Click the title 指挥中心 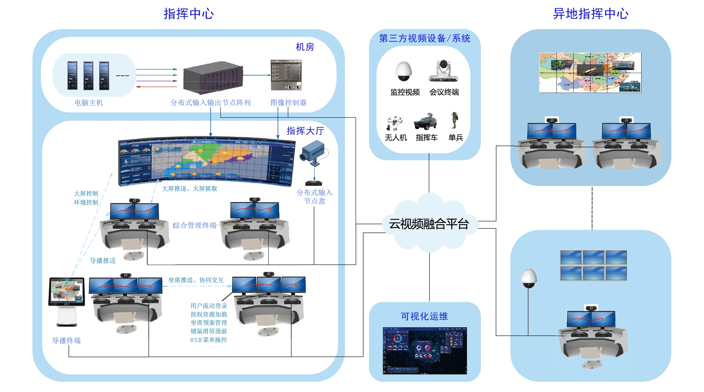[x=189, y=14]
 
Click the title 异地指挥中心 [x=591, y=14]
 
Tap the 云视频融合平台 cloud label [x=429, y=224]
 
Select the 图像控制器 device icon [x=286, y=75]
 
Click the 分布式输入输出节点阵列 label [x=210, y=103]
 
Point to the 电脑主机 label [x=89, y=103]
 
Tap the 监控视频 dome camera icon [x=404, y=71]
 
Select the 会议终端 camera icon [x=443, y=71]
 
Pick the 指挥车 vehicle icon [x=426, y=122]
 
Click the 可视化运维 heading [x=424, y=316]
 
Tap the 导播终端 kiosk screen [x=67, y=291]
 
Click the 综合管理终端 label [x=194, y=225]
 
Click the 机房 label [x=305, y=47]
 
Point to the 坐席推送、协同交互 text [x=196, y=280]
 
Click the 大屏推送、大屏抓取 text [x=189, y=188]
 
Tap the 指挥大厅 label [x=305, y=131]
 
